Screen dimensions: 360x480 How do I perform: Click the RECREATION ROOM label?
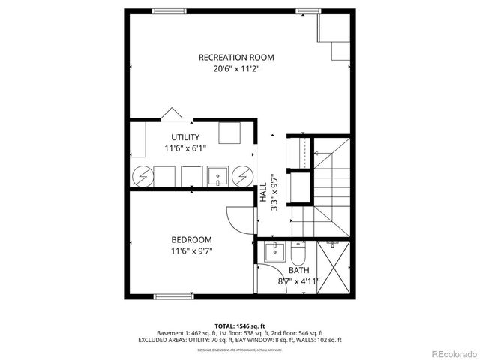[235, 57]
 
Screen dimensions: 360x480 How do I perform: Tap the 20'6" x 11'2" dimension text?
[235, 69]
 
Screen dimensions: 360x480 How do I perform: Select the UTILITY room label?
[185, 137]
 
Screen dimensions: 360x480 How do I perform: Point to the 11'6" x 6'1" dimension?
[185, 148]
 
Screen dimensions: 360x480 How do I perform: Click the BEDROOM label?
[192, 240]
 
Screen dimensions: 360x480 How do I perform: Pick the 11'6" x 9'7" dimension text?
[192, 251]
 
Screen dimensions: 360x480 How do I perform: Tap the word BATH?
[299, 270]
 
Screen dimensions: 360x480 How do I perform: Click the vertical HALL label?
[264, 193]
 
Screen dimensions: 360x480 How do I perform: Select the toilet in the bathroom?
[300, 246]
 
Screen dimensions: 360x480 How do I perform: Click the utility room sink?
[218, 177]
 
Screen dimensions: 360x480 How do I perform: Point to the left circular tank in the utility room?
[142, 177]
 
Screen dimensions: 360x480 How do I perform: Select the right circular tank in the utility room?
[241, 177]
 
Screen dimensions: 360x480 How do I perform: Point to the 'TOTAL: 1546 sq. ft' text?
[239, 325]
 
